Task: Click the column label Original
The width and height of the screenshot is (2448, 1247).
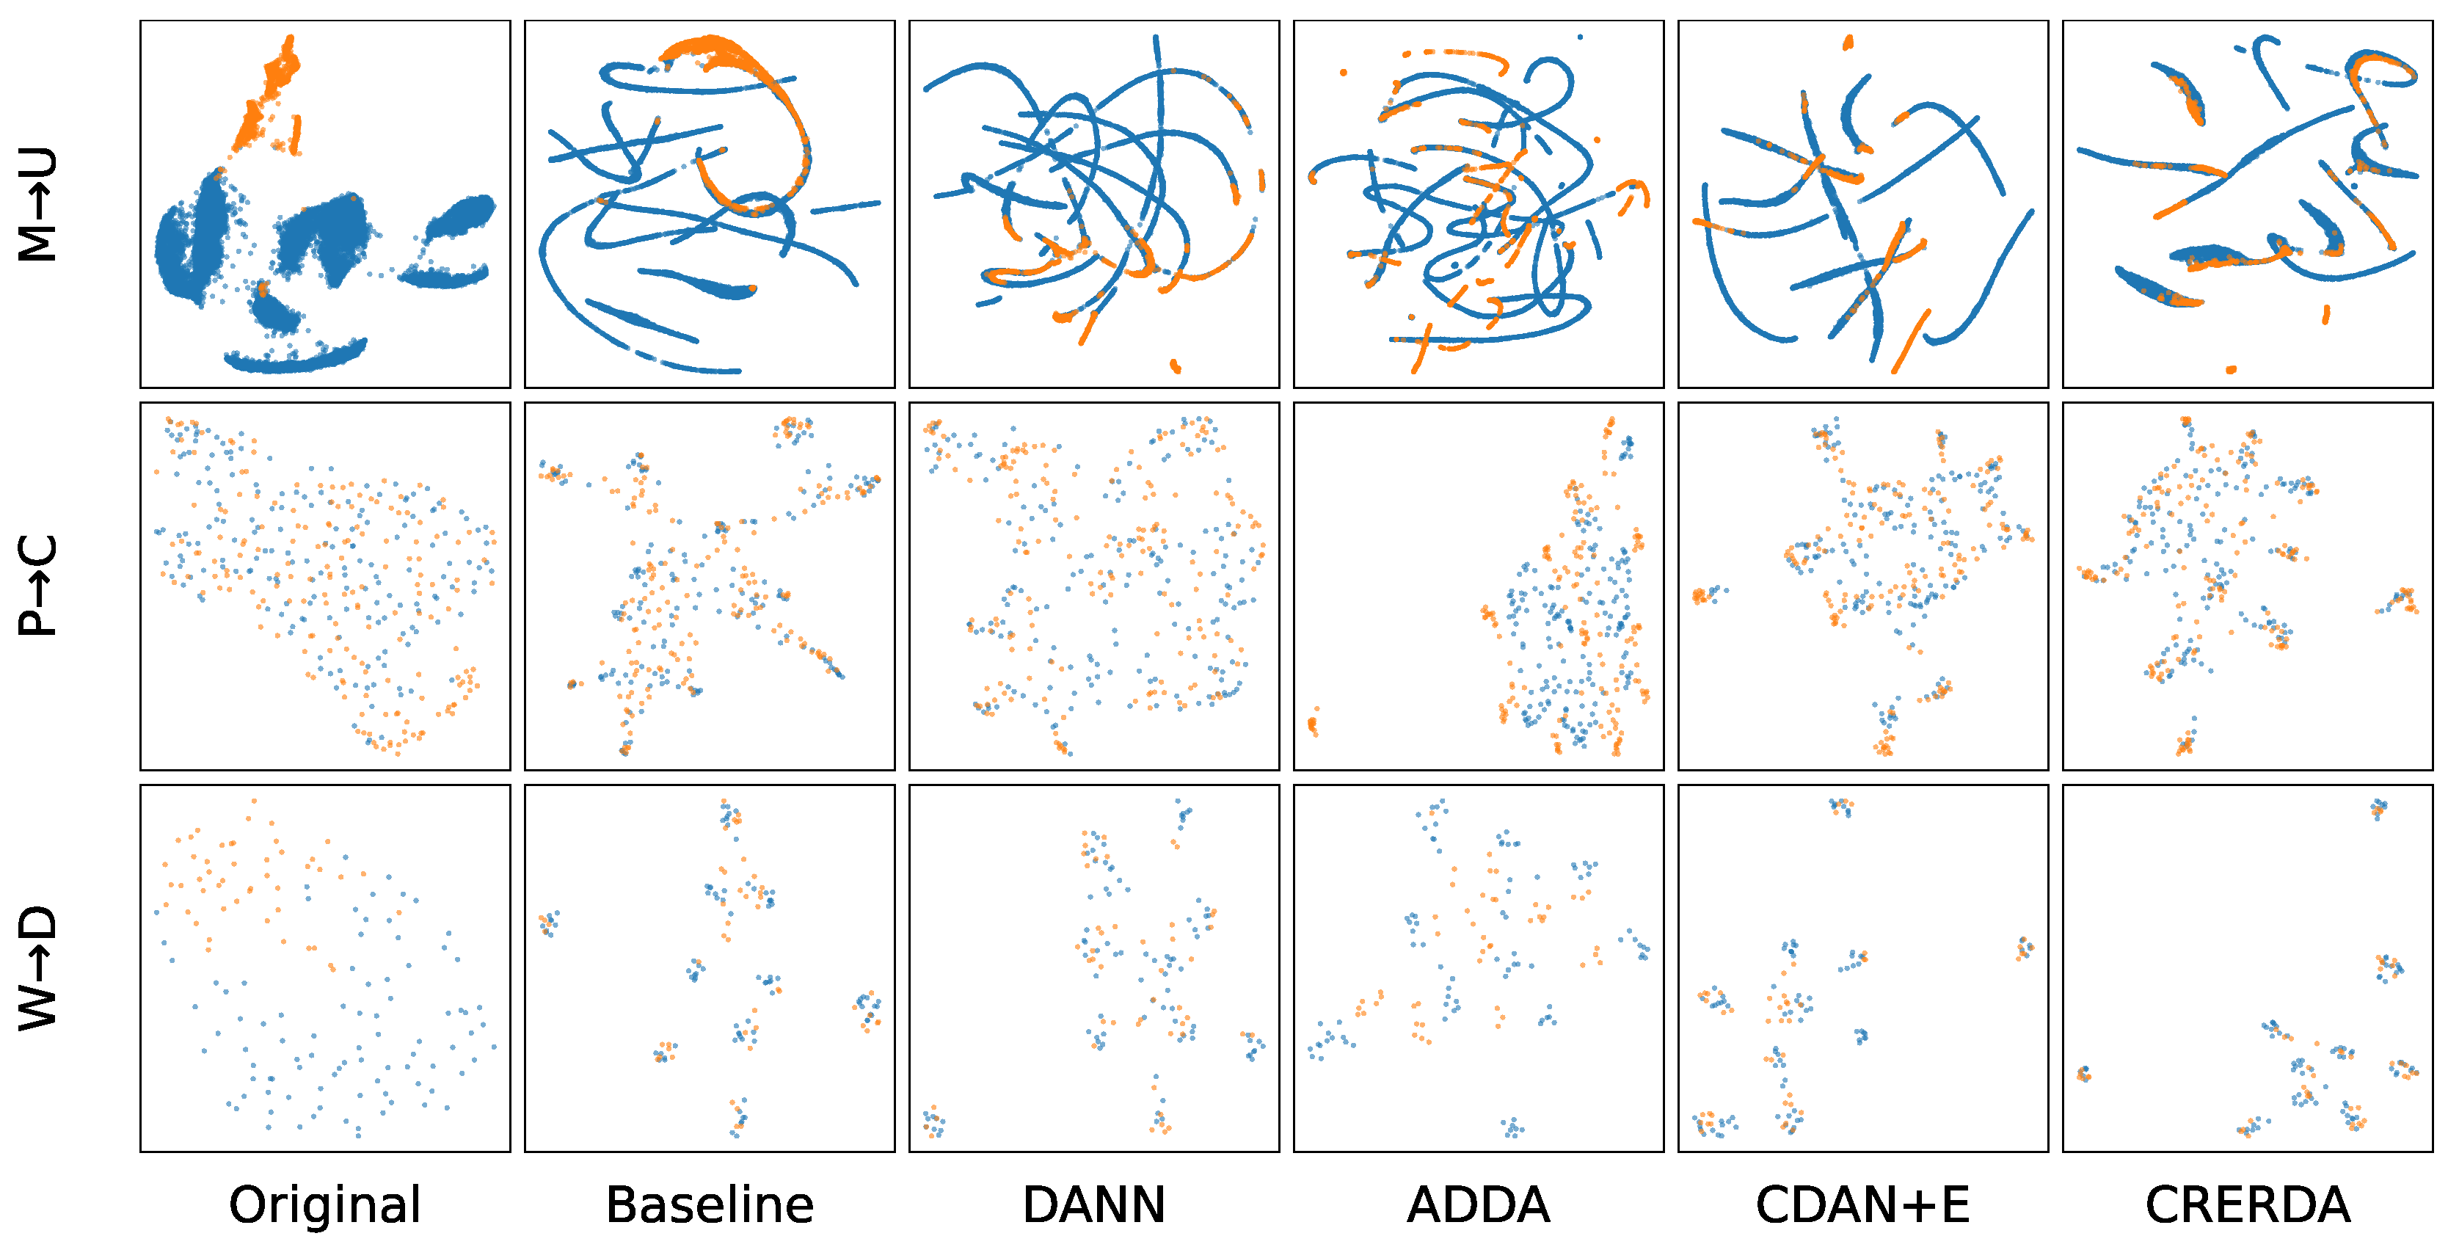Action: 325,1204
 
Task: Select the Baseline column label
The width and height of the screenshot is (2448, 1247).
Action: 709,1204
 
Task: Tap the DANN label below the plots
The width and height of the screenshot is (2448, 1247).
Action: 1094,1204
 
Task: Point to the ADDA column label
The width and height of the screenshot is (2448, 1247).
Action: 1478,1204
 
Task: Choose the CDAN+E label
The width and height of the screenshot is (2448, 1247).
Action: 1862,1204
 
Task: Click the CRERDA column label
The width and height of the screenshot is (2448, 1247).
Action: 2248,1204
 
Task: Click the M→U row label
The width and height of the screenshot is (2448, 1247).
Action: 38,204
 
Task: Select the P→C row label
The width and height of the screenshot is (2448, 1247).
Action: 38,586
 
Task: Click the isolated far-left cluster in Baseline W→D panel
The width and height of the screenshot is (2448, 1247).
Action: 548,921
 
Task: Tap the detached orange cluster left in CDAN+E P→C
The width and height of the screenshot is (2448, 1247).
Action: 1707,595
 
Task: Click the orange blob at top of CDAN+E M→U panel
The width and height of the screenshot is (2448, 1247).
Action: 1848,43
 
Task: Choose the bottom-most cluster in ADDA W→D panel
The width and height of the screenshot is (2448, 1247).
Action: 1513,1128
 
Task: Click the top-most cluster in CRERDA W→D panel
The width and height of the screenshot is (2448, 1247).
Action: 2378,808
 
